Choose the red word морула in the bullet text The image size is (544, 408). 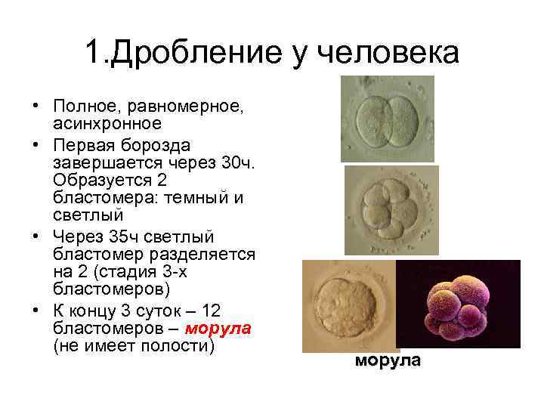coord(218,329)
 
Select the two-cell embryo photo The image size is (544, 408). coord(387,119)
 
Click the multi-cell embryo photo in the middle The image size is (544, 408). coord(391,211)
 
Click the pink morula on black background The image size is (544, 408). coord(458,304)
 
